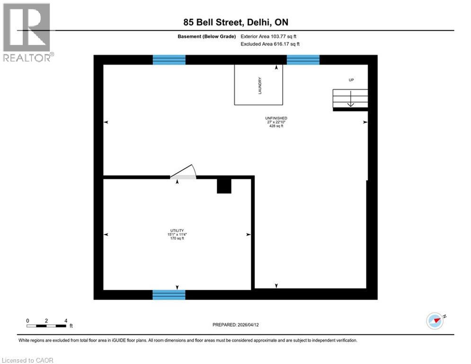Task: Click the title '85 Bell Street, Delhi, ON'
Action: coord(235,22)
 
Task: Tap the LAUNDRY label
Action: coord(260,86)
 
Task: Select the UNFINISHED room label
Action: coord(276,118)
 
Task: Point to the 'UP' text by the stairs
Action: coord(351,80)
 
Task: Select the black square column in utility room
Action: coord(224,186)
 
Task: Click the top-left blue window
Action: coord(169,60)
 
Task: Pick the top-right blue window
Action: coord(303,60)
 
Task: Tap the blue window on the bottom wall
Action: coord(169,295)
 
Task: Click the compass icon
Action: coord(435,321)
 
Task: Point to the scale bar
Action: coord(46,326)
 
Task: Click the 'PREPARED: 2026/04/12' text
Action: coord(237,325)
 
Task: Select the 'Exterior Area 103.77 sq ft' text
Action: coord(268,36)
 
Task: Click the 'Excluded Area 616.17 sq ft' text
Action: coord(270,44)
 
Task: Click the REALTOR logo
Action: coord(27,32)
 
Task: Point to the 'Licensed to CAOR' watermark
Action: coord(27,360)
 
